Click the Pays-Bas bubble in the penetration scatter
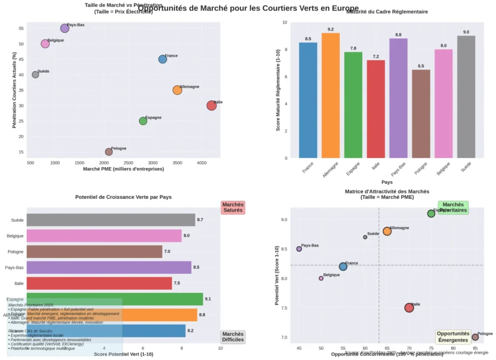[65, 28]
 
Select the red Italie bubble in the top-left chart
[211, 105]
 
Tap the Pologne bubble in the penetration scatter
[108, 152]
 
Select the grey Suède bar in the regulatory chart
[466, 96]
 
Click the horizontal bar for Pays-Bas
[108, 267]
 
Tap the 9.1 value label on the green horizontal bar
[207, 299]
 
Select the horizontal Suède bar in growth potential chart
[110, 220]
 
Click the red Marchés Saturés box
[233, 207]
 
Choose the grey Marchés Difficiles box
[232, 337]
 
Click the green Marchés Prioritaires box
[453, 207]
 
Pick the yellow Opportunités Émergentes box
[452, 337]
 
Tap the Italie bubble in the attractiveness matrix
[409, 307]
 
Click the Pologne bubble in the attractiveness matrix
[475, 337]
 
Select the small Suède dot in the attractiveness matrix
[365, 237]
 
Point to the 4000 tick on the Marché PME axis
[202, 163]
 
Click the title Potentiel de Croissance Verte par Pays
[124, 197]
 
